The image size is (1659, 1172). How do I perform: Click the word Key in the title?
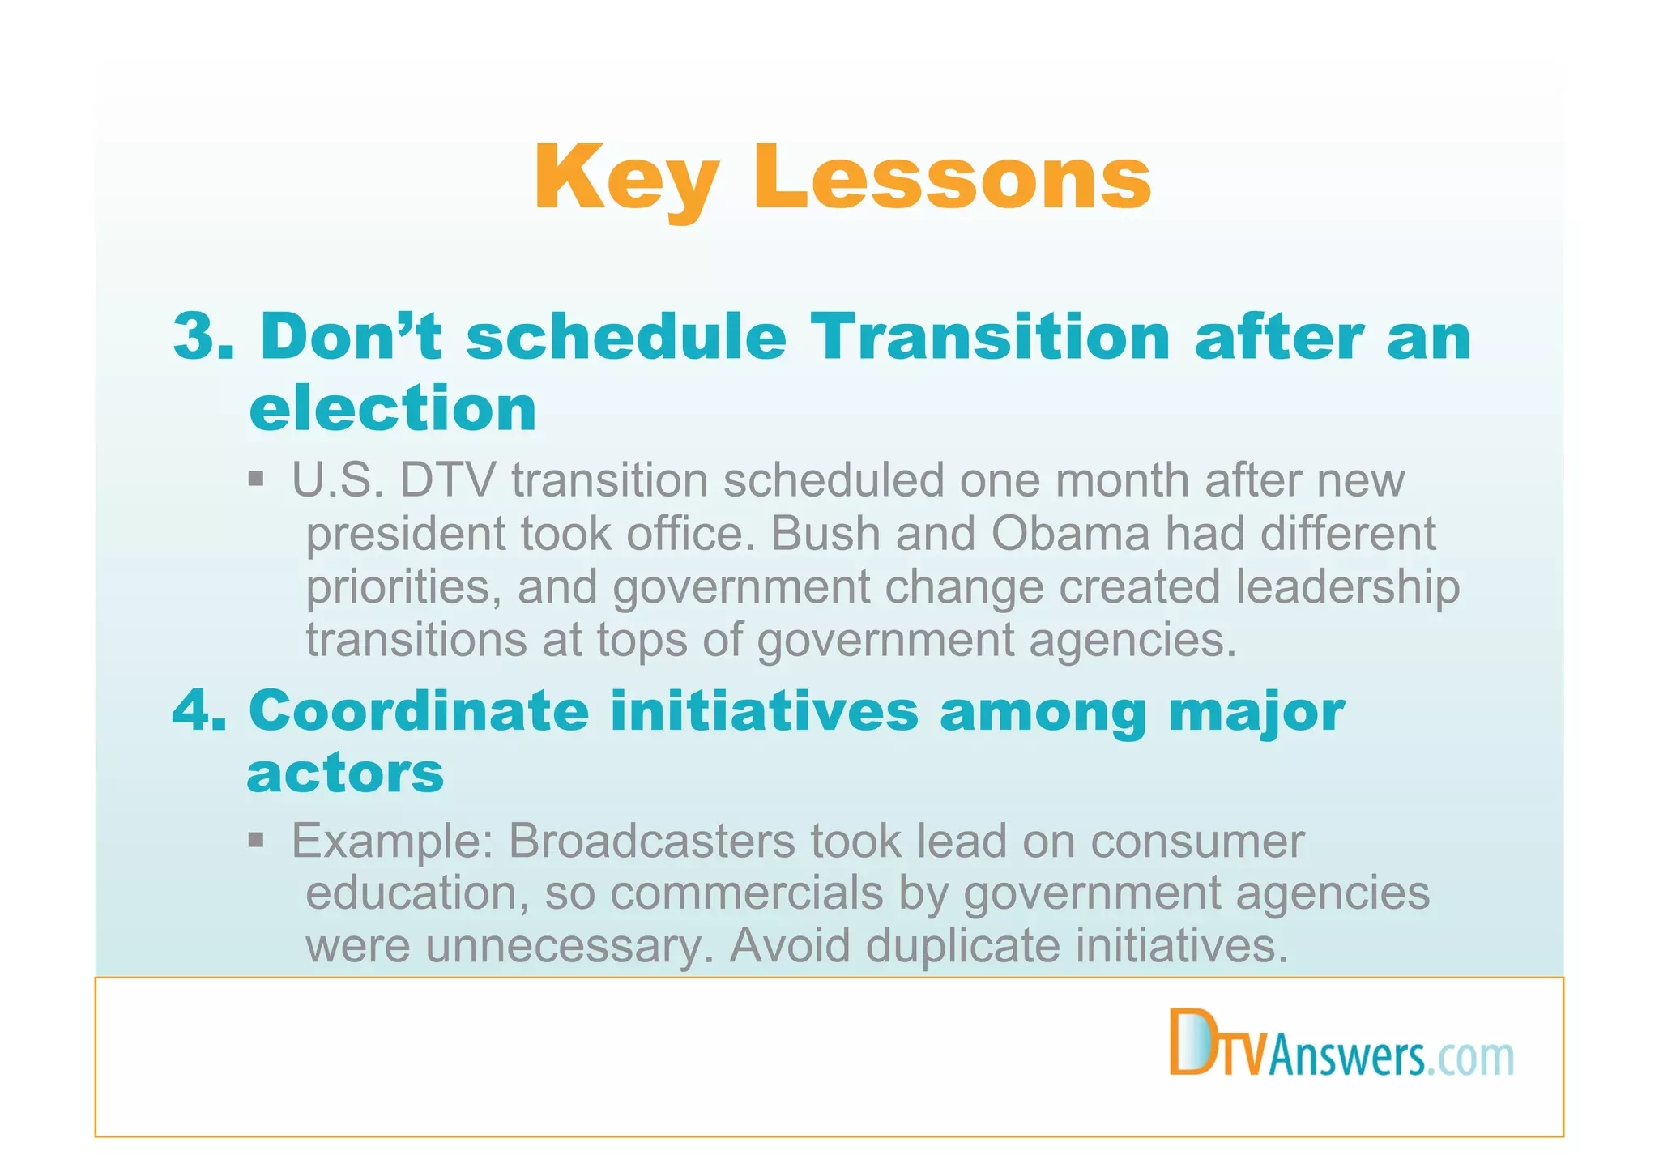(625, 178)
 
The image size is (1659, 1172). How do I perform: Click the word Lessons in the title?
(952, 178)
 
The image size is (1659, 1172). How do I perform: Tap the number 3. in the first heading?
(203, 336)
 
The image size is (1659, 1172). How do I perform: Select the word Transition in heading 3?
(990, 336)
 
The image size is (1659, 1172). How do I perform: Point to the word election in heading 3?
(393, 408)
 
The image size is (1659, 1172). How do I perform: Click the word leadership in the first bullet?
(1347, 587)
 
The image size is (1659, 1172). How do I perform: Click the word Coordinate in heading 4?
(419, 710)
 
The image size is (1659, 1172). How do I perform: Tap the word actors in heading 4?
(345, 774)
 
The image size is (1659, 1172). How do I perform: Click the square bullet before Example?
(256, 838)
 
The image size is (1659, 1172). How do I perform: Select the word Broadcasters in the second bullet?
(651, 841)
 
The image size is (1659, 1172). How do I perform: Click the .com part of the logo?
(1469, 1058)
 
